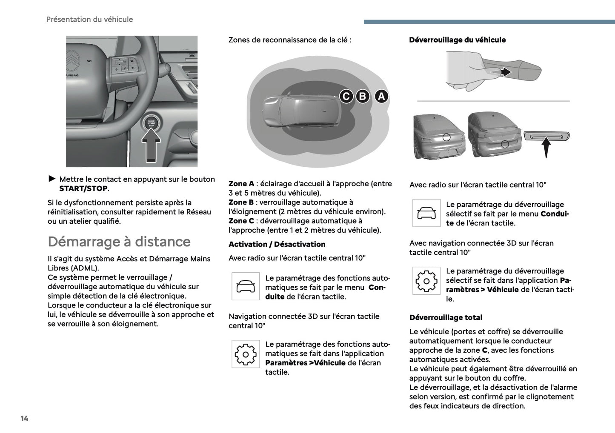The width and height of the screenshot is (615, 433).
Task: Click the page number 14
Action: coord(24,419)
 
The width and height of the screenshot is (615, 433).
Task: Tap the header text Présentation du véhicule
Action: coord(89,19)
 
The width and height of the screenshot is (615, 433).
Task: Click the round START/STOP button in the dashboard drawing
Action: coord(152,123)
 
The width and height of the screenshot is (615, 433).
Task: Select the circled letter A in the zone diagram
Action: coord(381,97)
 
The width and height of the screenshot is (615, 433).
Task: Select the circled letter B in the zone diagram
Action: coord(363,97)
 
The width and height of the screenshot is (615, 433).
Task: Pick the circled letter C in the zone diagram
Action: coord(346,97)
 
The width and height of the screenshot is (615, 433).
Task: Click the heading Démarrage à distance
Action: coord(119,242)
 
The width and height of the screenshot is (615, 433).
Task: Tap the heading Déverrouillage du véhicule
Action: coord(457,40)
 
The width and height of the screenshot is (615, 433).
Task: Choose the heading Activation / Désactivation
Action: coord(277,244)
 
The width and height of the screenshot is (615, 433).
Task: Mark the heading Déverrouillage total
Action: coord(446,317)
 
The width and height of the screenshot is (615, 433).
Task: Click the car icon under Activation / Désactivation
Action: coord(246,286)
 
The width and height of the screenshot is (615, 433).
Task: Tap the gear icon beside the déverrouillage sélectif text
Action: coord(426,281)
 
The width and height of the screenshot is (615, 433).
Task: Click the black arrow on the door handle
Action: coord(505,72)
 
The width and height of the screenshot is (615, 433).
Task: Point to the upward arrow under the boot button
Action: coord(546,147)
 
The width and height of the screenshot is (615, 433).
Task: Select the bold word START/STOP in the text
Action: coord(83,188)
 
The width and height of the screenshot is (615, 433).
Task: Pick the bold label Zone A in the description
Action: coord(241,184)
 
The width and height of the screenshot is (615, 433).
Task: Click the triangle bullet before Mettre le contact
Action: coord(52,179)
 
